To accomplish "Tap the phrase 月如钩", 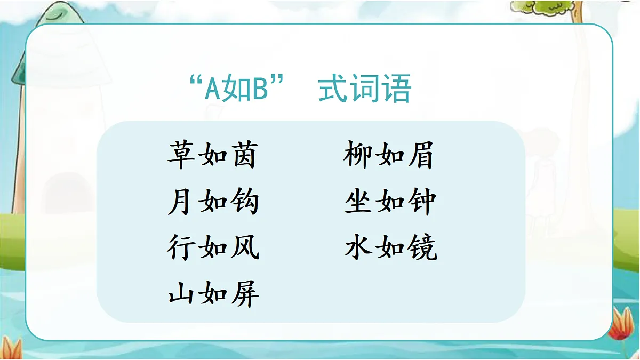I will coord(213,202).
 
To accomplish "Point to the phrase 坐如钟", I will coord(390,202).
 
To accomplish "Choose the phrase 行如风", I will coord(213,248).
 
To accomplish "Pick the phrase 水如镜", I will coord(390,248).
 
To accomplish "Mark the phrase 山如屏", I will coord(213,294).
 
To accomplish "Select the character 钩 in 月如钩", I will coord(245,202).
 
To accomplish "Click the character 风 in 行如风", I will coord(245,248).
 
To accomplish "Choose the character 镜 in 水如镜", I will coord(422,248).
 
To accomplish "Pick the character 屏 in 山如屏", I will coord(245,294).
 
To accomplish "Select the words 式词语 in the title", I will coord(365,90).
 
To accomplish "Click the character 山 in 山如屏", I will coord(182,294).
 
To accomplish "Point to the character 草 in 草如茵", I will coord(182,155).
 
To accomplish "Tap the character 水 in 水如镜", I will coord(359,248).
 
